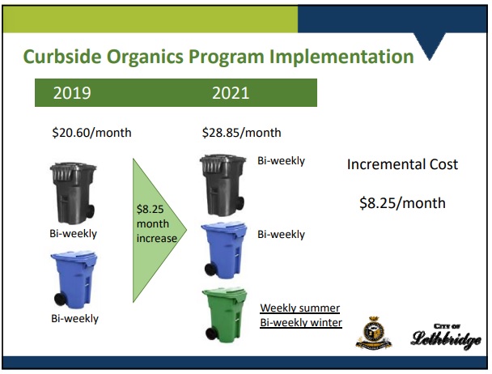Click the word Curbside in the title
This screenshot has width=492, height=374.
click(x=62, y=57)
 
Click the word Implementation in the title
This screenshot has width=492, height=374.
click(x=341, y=57)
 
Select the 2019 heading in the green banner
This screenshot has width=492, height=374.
click(x=72, y=93)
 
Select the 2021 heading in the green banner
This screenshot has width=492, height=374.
click(x=231, y=93)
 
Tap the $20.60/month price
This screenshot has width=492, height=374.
click(x=91, y=133)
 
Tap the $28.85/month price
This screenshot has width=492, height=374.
click(x=242, y=133)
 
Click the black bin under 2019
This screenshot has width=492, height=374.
click(x=74, y=193)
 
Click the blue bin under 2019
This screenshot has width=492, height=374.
click(x=74, y=280)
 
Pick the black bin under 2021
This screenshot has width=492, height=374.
click(x=223, y=185)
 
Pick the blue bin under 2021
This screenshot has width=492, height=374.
click(x=224, y=250)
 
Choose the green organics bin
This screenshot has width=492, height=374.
click(x=225, y=315)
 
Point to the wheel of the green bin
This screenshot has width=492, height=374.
click(x=212, y=334)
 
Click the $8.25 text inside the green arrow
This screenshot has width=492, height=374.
click(x=151, y=209)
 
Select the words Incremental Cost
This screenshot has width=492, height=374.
click(x=402, y=164)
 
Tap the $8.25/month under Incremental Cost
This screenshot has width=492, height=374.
click(x=402, y=203)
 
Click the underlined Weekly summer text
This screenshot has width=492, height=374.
click(x=300, y=308)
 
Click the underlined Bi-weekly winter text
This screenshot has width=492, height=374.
click(x=301, y=323)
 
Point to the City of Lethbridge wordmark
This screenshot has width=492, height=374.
click(x=446, y=336)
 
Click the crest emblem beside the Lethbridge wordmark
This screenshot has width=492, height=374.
click(x=373, y=333)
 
